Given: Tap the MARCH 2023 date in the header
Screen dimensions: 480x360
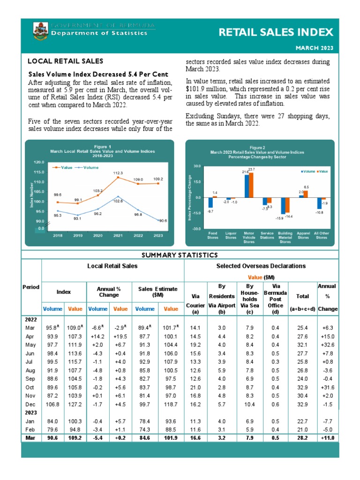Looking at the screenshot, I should tap(314, 48).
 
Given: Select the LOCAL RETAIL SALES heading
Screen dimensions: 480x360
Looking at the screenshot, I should tap(66, 61).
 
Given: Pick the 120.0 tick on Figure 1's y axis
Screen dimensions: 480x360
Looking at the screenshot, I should tap(39, 162).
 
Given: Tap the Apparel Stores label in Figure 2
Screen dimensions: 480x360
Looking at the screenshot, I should tap(303, 235).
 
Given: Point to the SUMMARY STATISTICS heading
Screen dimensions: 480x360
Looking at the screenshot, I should tap(180, 255).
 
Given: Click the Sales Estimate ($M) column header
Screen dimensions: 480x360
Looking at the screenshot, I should tap(157, 292).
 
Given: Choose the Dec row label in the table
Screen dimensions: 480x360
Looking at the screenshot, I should tap(30, 404).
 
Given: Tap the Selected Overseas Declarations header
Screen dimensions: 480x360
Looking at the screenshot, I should tap(261, 266).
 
